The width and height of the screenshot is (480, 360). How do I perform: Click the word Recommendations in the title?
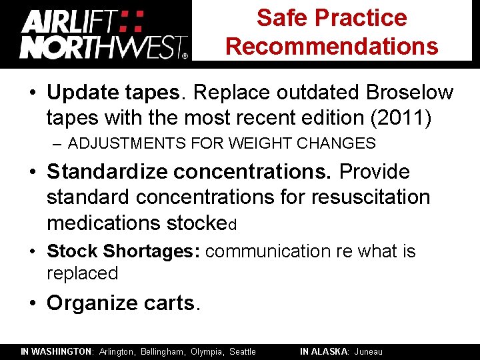click(332, 46)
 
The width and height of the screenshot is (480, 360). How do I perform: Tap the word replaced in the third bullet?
click(82, 273)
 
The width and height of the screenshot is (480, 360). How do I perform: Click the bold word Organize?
click(83, 303)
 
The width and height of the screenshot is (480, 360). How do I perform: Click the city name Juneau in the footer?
click(369, 351)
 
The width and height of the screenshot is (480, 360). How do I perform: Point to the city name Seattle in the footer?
click(243, 351)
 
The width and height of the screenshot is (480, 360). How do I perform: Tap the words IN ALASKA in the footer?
click(323, 351)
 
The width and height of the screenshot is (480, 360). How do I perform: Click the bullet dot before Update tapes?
click(33, 93)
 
